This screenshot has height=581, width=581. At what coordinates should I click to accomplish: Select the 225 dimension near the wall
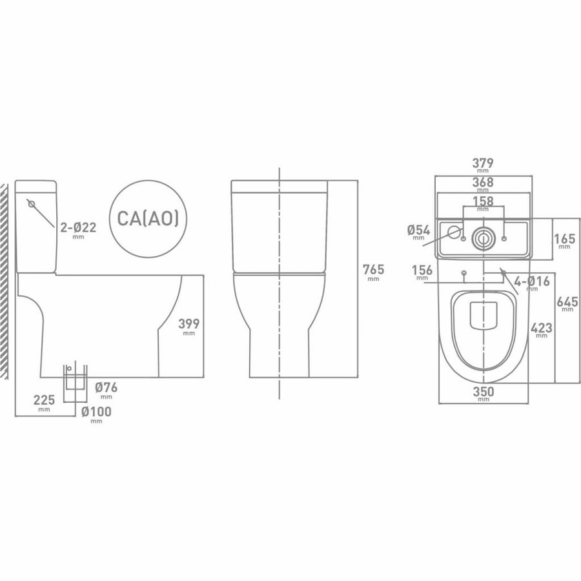coord(43,399)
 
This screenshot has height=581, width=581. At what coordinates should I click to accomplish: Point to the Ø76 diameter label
coord(106,388)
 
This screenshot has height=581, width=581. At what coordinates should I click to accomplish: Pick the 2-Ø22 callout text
coord(77,227)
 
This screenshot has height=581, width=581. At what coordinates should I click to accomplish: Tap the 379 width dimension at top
coord(483,162)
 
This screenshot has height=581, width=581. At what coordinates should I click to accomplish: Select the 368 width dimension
coord(483,182)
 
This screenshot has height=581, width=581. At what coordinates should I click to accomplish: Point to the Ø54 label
coord(420,230)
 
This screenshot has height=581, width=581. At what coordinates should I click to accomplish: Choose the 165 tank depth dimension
coord(565,237)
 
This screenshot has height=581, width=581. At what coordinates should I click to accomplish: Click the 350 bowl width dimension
coord(483,392)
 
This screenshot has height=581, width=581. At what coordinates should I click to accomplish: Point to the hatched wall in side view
coord(6,278)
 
